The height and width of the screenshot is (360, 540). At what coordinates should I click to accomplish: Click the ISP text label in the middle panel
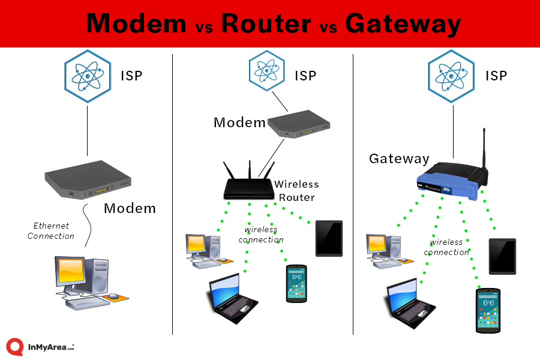click(305, 76)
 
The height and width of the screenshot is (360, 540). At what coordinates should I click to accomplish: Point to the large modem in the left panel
click(88, 179)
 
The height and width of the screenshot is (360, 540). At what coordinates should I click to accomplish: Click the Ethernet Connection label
click(51, 231)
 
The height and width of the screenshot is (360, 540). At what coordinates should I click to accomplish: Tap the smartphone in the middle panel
click(296, 283)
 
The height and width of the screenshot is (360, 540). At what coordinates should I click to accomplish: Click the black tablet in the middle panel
click(329, 238)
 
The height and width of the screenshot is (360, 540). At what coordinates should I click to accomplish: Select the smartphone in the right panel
click(488, 310)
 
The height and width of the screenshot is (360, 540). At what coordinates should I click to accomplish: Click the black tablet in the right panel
click(502, 256)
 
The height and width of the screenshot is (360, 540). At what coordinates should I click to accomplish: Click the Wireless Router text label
click(296, 190)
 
